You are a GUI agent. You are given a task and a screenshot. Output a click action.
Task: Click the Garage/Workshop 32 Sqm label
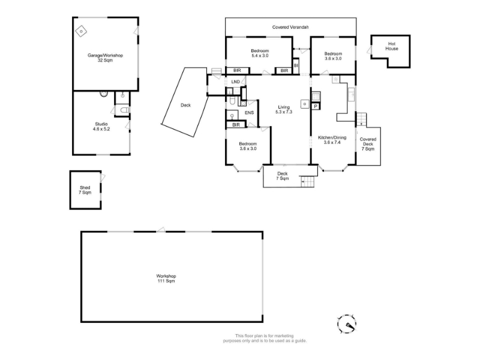[x=106, y=58]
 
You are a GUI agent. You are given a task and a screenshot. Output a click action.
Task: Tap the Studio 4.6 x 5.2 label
[x=101, y=127]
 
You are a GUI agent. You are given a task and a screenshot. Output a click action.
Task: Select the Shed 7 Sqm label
[x=85, y=190]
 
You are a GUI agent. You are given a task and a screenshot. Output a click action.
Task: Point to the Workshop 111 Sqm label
[x=166, y=278]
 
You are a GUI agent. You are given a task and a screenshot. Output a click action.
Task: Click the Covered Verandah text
[x=290, y=27]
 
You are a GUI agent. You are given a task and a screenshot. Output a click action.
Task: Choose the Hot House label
[x=392, y=46]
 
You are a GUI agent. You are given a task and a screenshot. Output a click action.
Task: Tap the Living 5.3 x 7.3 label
[x=284, y=109]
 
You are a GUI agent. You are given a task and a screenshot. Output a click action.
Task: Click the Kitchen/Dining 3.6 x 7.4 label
[x=332, y=140]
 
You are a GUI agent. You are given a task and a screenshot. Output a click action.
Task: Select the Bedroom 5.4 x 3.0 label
[x=260, y=53]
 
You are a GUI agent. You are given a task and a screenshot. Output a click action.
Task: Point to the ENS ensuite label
[x=249, y=113]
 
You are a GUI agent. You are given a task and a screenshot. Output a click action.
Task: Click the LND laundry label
[x=235, y=82]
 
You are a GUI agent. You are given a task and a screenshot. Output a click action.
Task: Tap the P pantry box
[x=316, y=106]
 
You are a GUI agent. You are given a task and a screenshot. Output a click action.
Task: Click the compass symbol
[x=347, y=323]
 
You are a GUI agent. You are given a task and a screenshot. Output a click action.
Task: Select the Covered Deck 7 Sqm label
[x=368, y=144]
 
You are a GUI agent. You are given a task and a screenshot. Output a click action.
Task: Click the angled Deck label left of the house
[x=185, y=105]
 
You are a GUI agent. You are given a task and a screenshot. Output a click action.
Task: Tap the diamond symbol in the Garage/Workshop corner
[x=81, y=31]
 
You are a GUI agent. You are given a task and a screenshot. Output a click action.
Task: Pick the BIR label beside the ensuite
[x=236, y=125]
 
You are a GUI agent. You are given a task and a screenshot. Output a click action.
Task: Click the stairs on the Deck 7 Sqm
[x=308, y=182]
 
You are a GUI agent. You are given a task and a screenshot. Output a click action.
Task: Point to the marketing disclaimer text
[x=265, y=338]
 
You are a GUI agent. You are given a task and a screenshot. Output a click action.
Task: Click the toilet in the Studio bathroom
[x=125, y=110]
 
